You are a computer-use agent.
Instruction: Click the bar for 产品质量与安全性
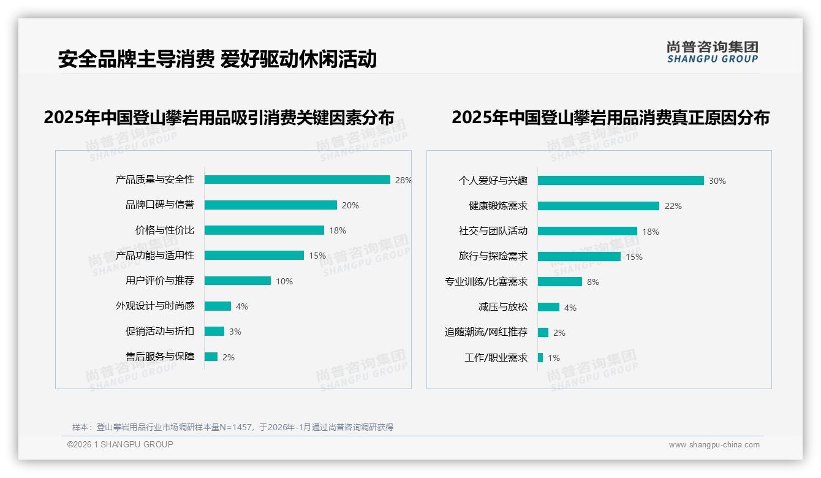pos(297,180)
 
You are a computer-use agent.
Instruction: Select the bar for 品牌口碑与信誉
pos(270,205)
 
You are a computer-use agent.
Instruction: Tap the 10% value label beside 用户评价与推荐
pos(284,281)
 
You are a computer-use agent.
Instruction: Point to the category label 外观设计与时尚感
pos(155,306)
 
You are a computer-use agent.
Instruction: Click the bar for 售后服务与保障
pos(211,357)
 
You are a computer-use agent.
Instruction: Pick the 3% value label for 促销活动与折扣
pos(235,332)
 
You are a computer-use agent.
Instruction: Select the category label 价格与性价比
pos(165,230)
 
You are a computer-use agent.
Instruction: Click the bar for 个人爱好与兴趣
pos(621,181)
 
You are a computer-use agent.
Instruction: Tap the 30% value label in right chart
pos(717,181)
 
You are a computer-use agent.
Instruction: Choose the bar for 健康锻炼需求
pos(598,206)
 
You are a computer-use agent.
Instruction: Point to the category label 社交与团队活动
pos(493,231)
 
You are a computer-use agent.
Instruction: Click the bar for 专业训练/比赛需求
pos(559,282)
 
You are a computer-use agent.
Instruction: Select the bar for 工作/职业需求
pos(540,358)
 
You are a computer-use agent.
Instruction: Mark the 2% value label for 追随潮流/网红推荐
pos(559,333)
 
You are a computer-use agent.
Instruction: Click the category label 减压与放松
pos(503,307)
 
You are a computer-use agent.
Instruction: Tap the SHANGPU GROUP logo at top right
pos(713,52)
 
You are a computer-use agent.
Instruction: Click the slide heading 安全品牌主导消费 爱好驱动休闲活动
pos(218,59)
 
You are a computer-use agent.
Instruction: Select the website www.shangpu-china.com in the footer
pos(714,445)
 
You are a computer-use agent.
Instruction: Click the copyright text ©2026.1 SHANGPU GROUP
pos(120,444)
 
